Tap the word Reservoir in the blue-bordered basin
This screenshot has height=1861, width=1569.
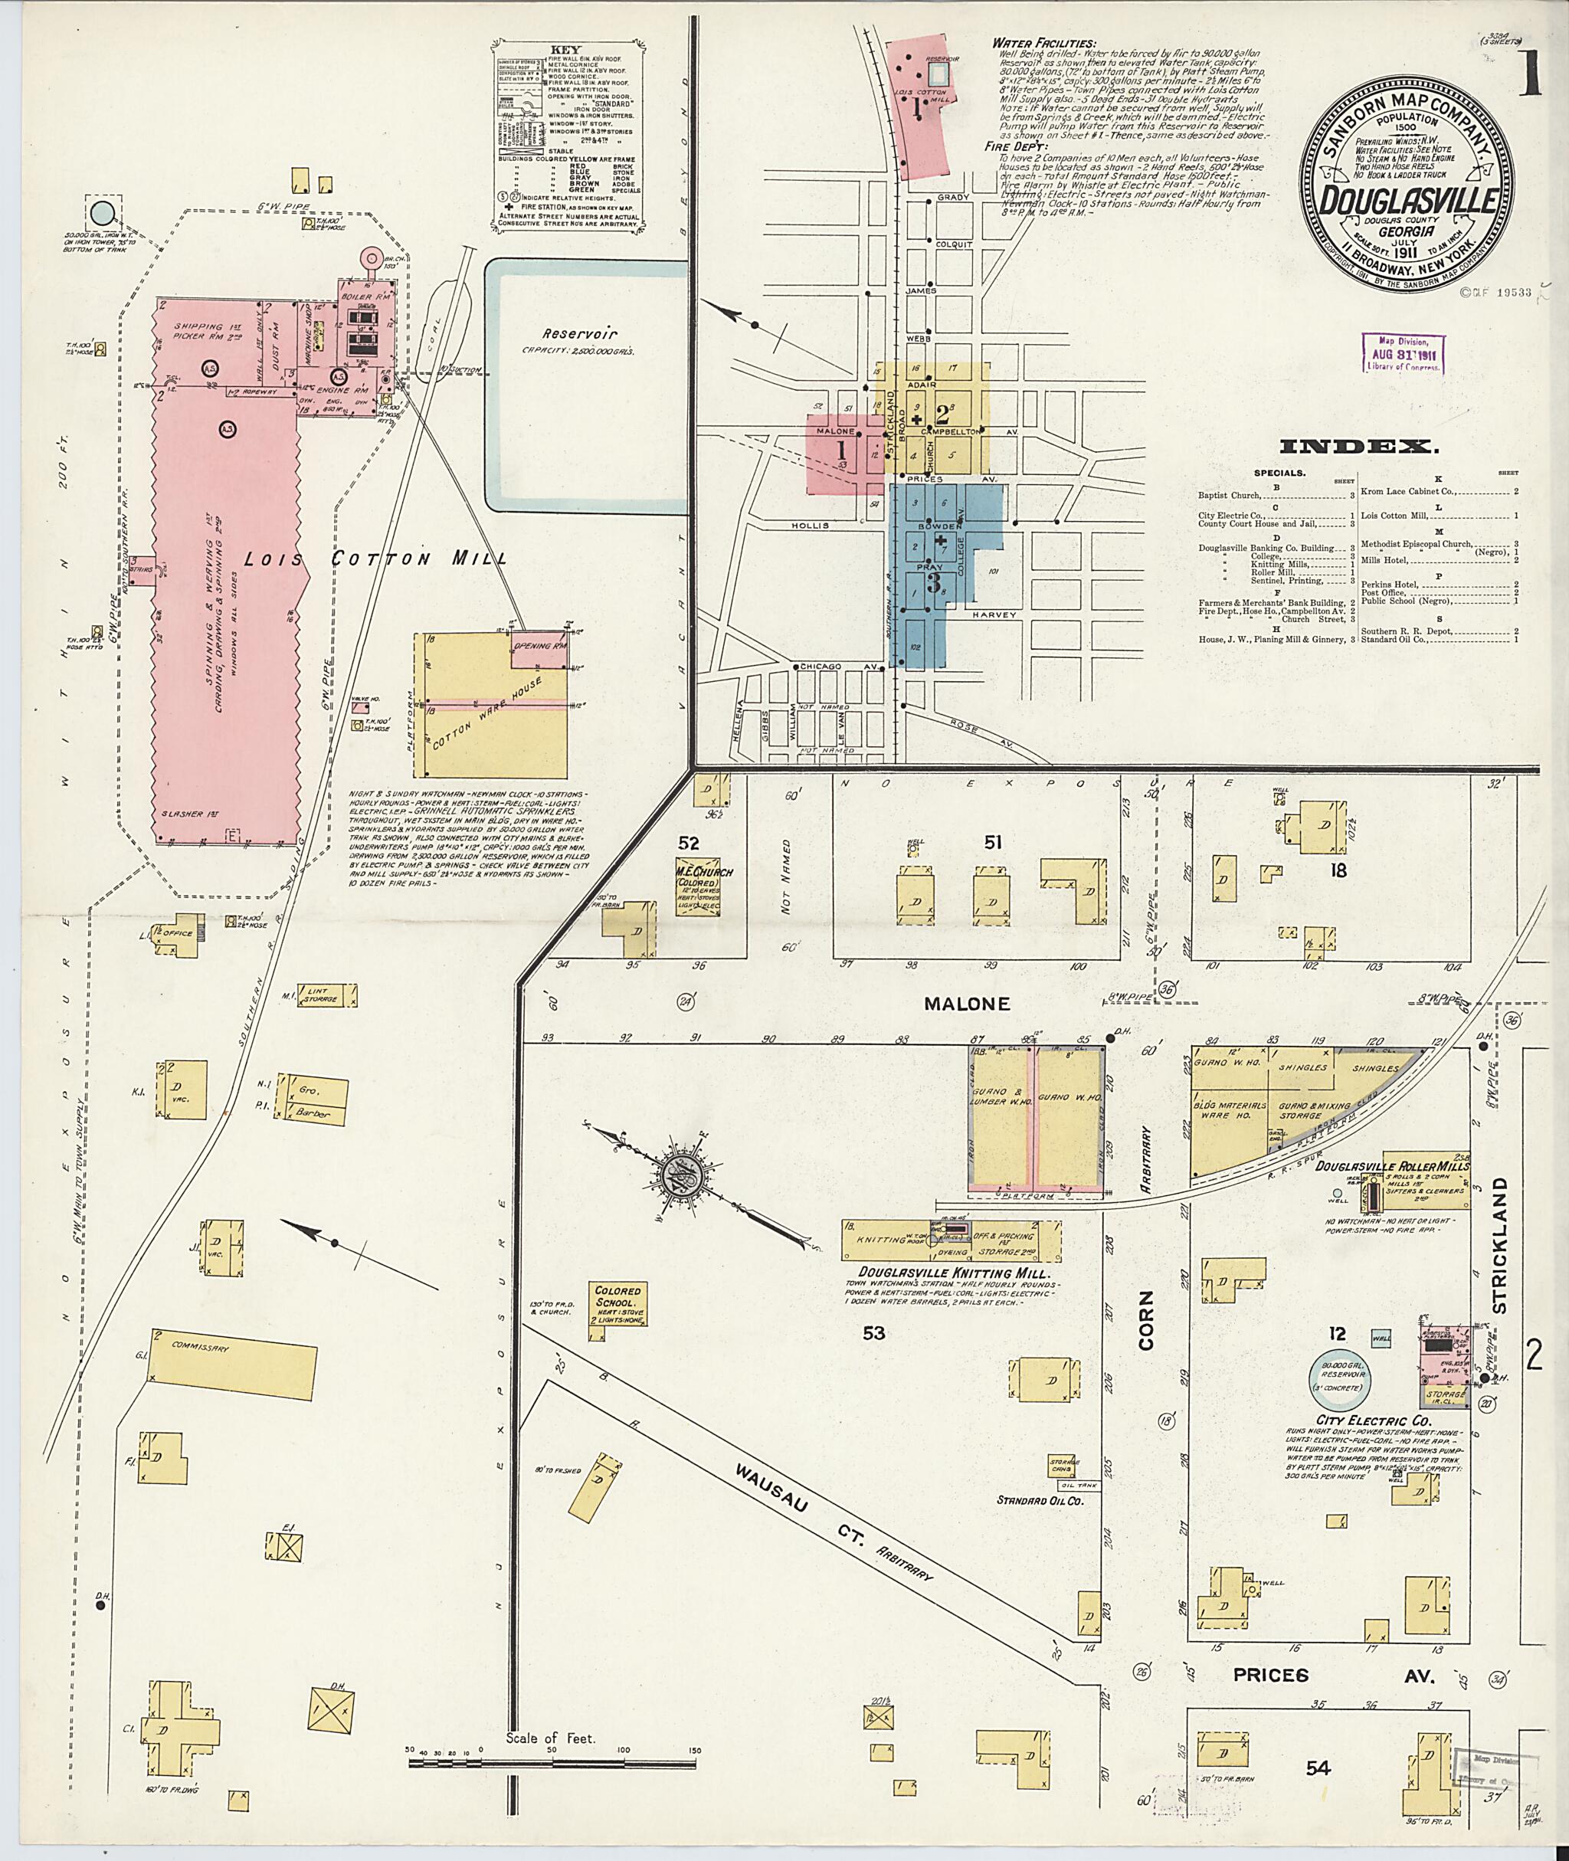click(581, 335)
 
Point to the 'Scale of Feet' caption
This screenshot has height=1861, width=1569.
click(551, 1738)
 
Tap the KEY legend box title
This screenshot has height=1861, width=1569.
click(565, 50)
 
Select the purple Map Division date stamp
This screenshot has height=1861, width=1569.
click(1403, 352)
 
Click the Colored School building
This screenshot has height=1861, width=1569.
click(618, 1304)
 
